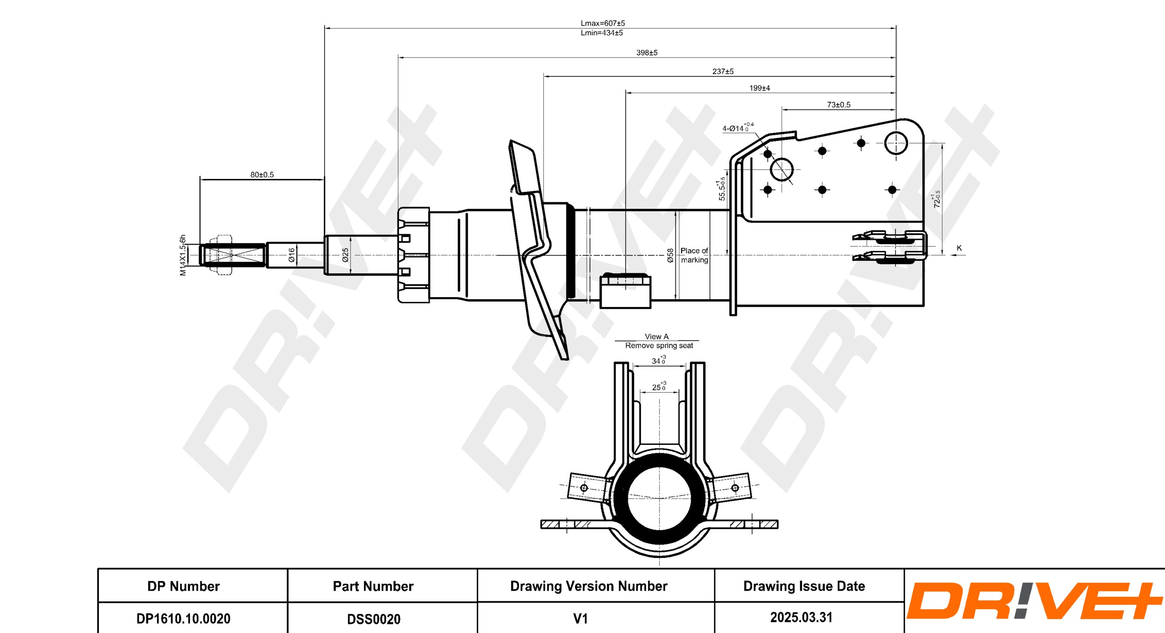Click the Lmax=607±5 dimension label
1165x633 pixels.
[603, 23]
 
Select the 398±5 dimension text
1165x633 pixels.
[647, 53]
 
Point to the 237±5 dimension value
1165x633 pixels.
[723, 72]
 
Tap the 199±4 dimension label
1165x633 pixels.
[760, 88]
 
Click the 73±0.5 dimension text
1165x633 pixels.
[838, 105]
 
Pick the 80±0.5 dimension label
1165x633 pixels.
[262, 175]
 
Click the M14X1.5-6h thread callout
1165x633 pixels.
[183, 255]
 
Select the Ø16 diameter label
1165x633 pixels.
[292, 255]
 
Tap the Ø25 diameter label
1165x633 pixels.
[345, 255]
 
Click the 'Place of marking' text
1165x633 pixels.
[694, 255]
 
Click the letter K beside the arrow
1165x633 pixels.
[959, 248]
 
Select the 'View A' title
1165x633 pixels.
[657, 336]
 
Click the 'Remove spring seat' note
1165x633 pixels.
[659, 346]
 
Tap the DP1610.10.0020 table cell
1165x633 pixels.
[184, 619]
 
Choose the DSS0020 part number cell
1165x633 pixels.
[374, 619]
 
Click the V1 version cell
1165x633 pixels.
[580, 619]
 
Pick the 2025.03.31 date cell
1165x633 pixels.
[801, 618]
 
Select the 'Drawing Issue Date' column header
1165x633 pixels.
[804, 586]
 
